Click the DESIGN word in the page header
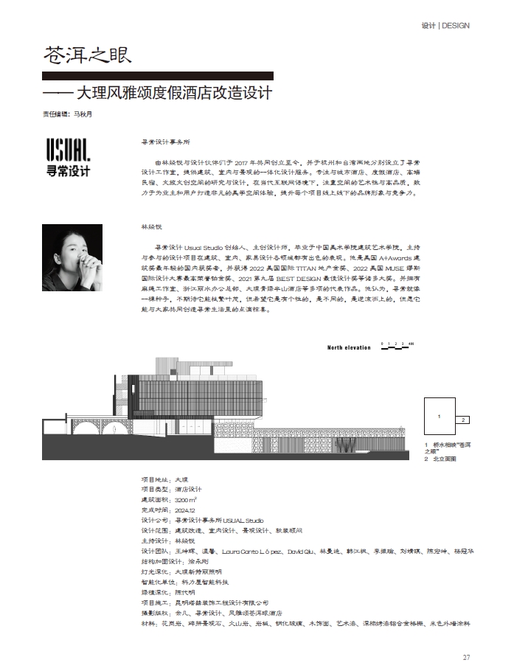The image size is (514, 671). (456, 26)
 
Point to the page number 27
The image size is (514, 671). (466, 658)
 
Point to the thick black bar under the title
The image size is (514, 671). (158, 75)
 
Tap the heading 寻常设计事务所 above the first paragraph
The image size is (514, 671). (165, 140)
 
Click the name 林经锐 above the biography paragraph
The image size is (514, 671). (150, 227)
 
